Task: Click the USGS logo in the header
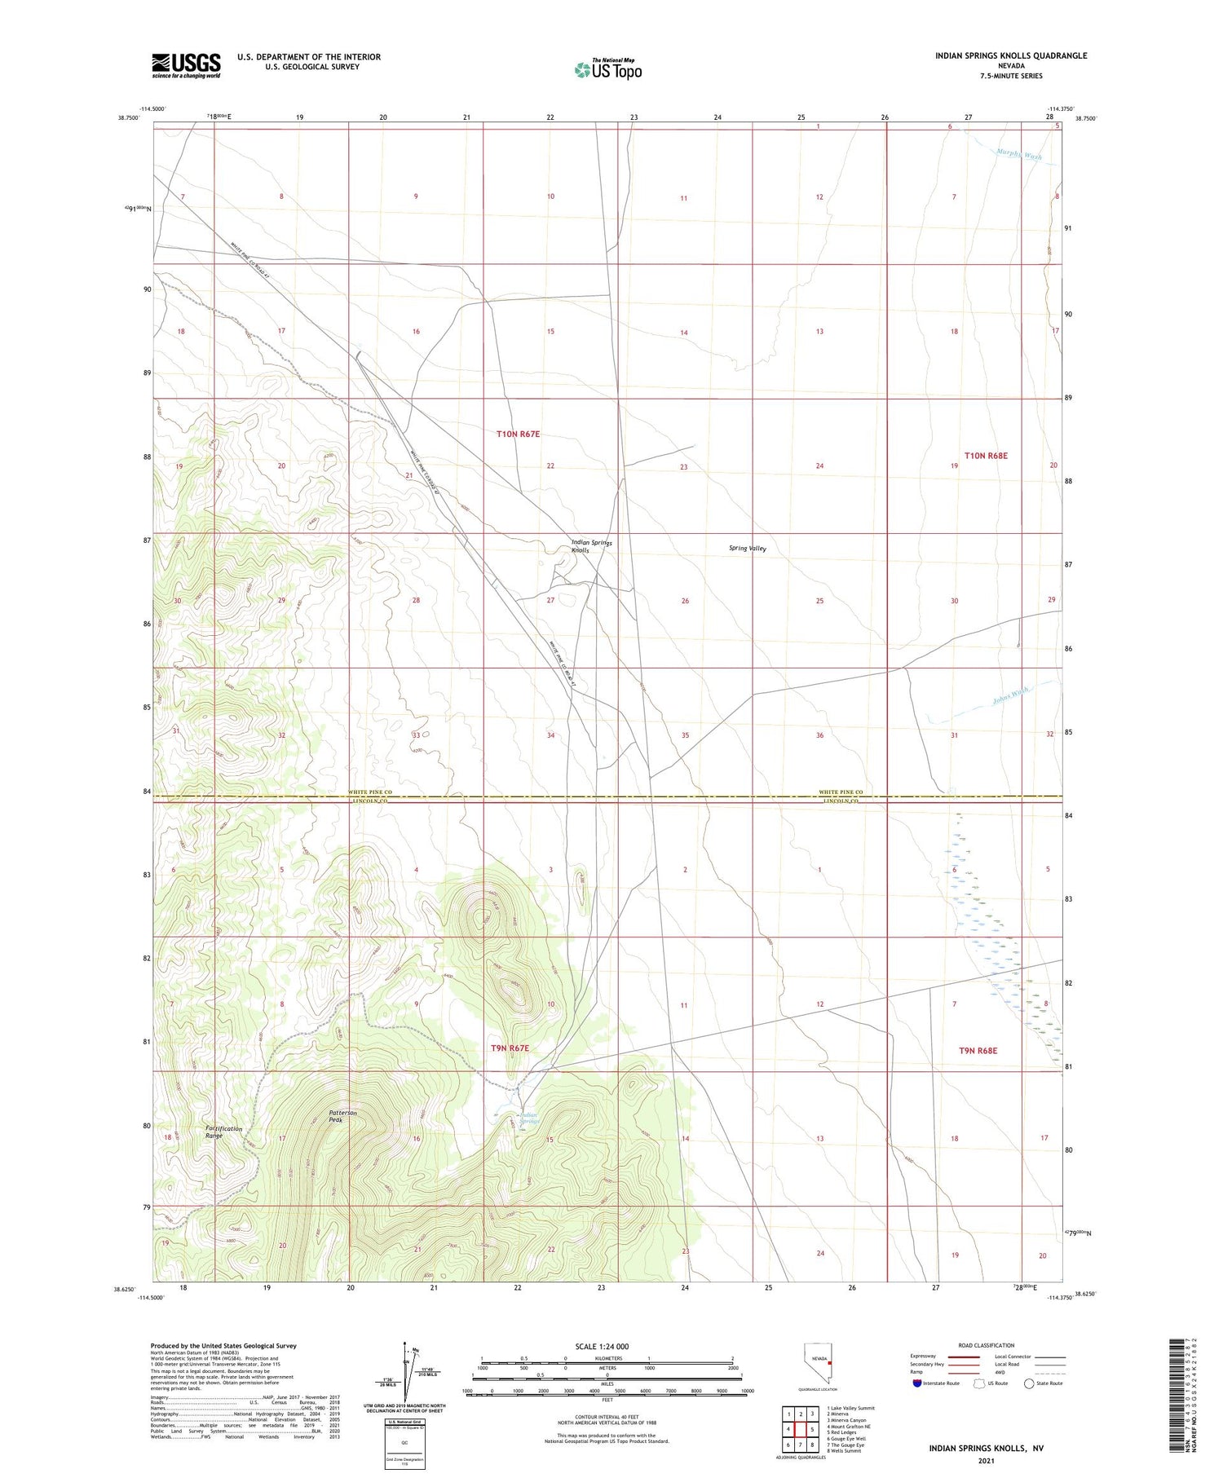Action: click(x=186, y=65)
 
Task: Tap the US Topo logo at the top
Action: click(x=608, y=69)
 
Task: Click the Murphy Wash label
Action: click(x=1018, y=154)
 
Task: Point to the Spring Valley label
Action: click(x=747, y=549)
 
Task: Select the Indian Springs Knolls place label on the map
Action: click(x=591, y=546)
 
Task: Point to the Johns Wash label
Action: click(x=1010, y=695)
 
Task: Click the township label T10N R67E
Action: click(x=518, y=435)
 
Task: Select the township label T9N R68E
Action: click(x=978, y=1051)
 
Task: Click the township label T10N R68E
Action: click(x=986, y=456)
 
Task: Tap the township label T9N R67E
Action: click(x=510, y=1048)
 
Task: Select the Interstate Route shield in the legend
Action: click(x=917, y=1383)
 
